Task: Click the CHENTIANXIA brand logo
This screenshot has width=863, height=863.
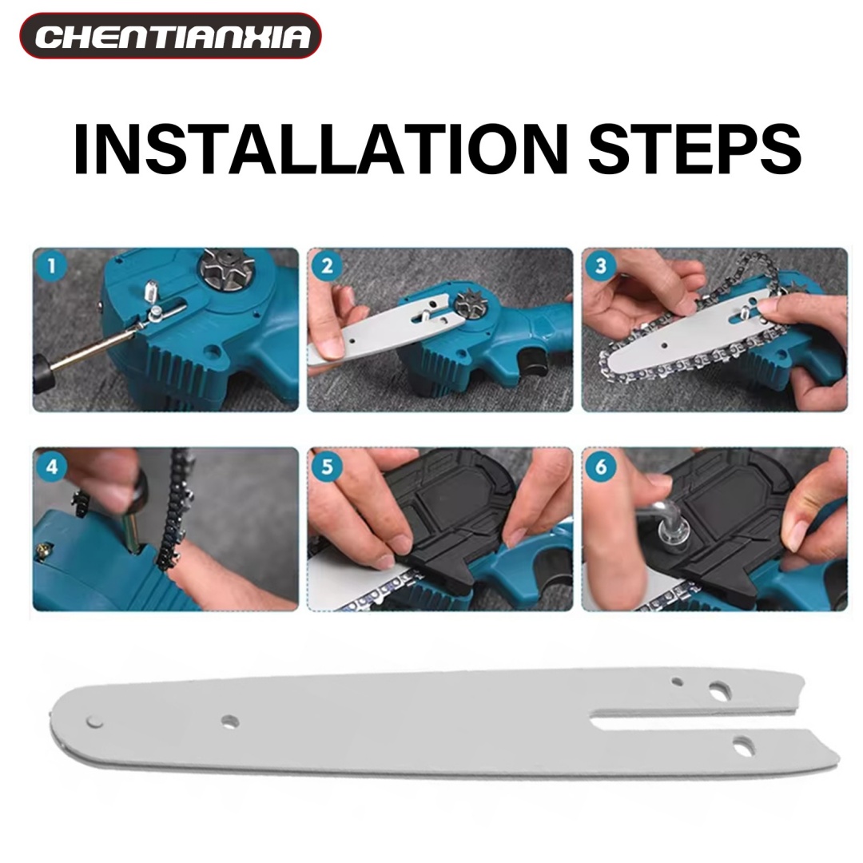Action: (171, 36)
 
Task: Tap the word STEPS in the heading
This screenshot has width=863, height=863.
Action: (694, 149)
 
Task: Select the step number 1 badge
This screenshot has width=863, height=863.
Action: (52, 266)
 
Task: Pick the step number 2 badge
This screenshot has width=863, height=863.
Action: (327, 266)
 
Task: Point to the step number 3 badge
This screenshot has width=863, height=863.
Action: (601, 266)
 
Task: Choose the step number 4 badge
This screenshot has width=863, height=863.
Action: (52, 467)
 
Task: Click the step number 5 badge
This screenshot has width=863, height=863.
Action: (327, 467)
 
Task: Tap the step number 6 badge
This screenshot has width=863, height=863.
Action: (601, 467)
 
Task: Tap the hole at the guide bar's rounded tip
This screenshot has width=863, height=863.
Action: (93, 721)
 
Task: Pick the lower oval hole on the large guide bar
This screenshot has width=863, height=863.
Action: (743, 744)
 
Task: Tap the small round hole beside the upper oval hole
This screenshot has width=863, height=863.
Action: (678, 682)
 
